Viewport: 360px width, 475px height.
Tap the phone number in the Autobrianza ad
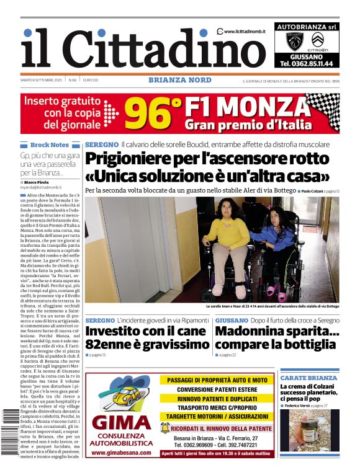coord(306,63)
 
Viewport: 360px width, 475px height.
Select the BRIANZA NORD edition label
coord(180,80)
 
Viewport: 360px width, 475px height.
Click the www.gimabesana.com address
coord(122,452)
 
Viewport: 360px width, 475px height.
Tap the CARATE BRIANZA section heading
coord(308,378)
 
